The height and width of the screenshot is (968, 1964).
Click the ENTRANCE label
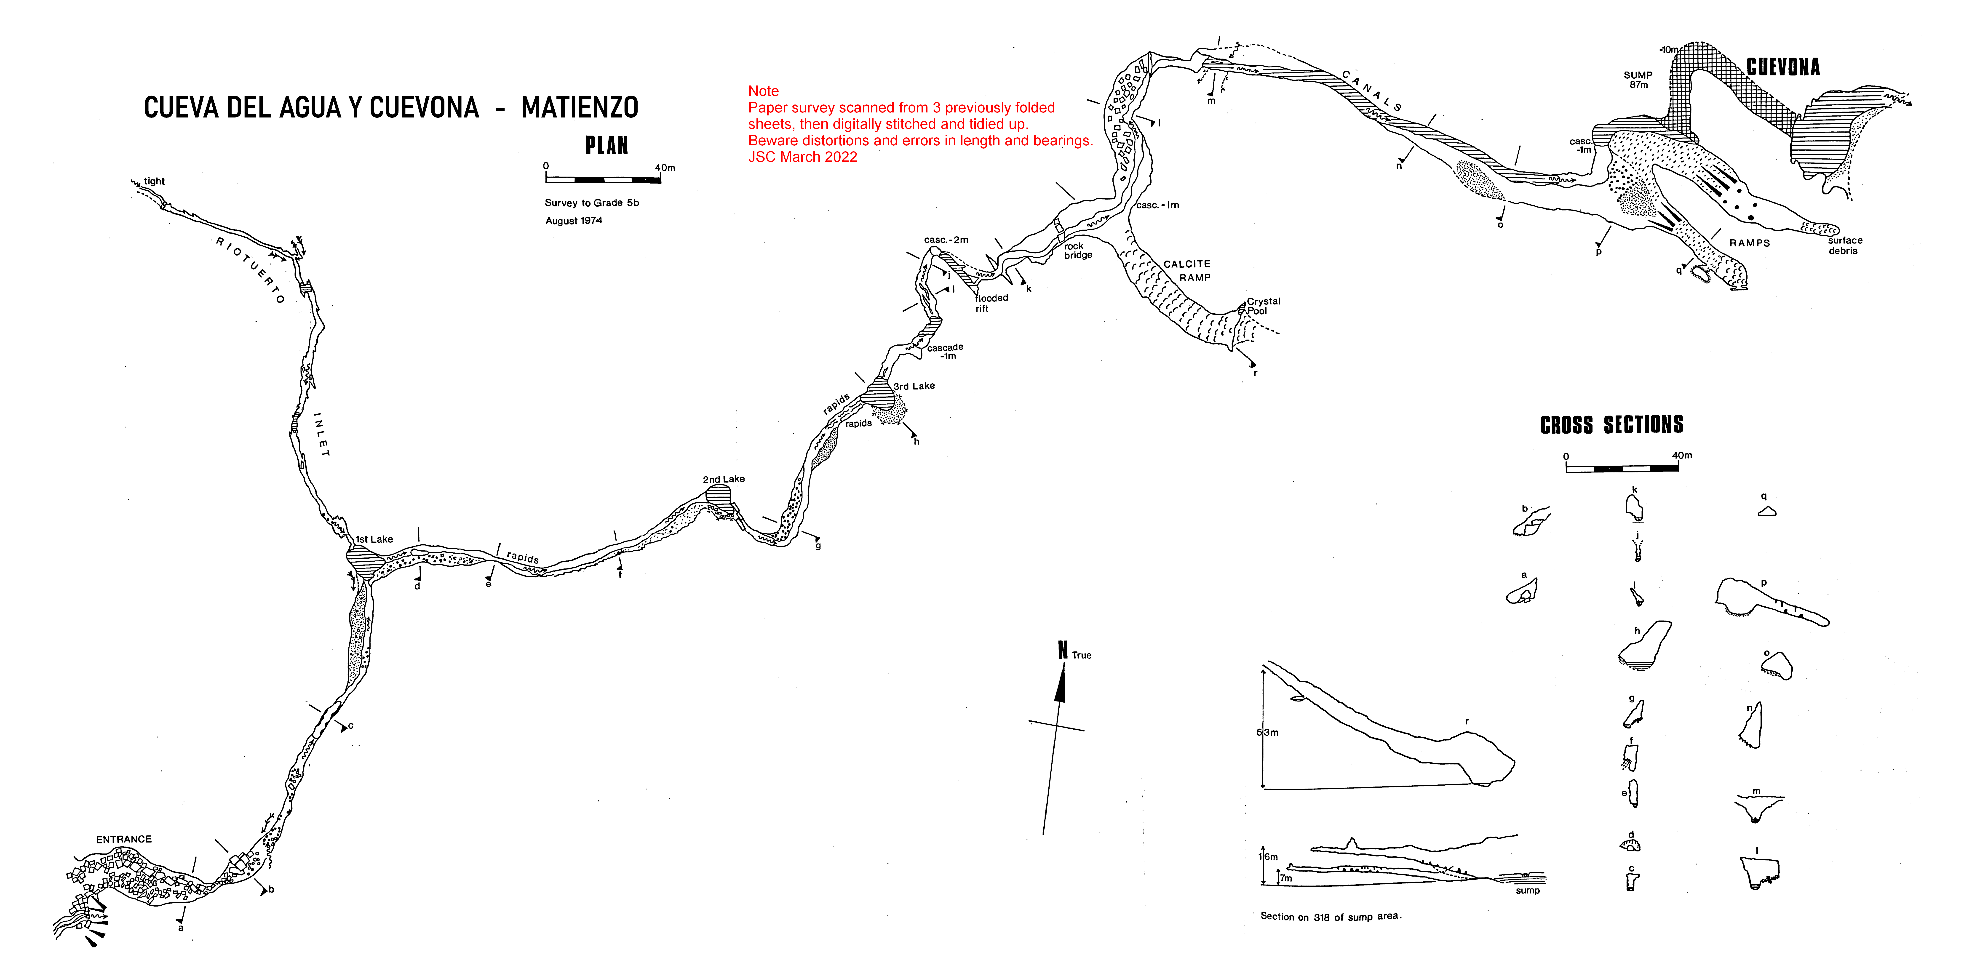pos(123,839)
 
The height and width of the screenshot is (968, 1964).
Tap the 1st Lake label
pos(374,539)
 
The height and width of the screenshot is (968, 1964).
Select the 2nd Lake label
pos(724,479)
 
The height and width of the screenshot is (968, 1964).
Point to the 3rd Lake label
pos(914,386)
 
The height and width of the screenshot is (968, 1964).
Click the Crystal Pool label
pos(1263,306)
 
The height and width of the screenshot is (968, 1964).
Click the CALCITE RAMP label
pos(1187,271)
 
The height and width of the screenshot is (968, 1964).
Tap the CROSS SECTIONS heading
pos(1612,424)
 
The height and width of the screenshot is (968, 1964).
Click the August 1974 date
pos(573,220)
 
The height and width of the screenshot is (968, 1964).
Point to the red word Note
pos(763,91)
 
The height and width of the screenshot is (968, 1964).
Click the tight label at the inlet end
pos(154,181)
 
